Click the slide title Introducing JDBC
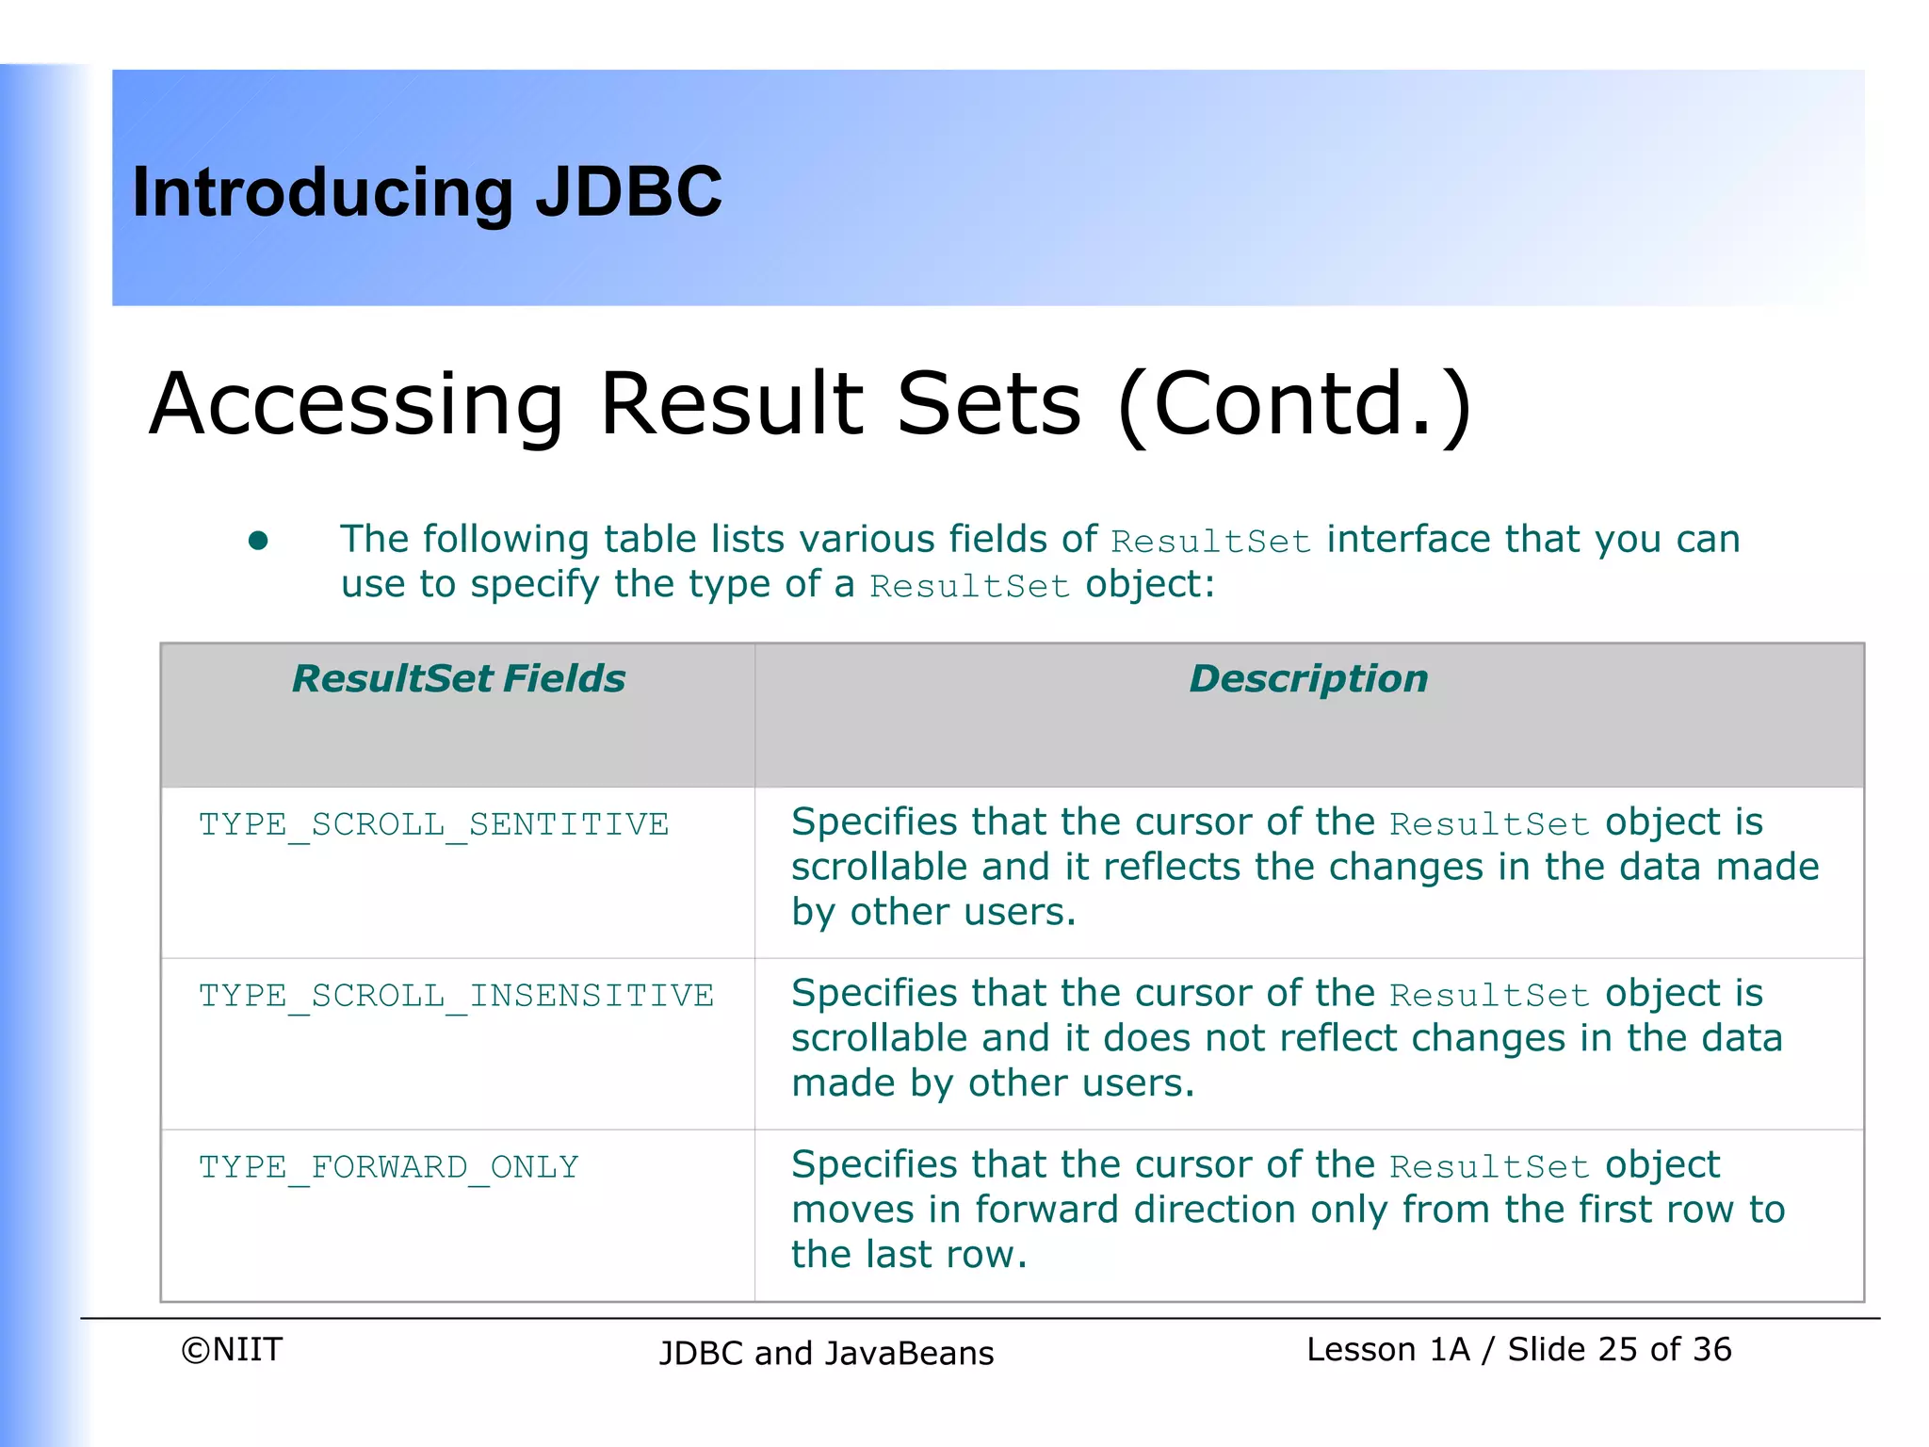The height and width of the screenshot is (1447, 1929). (x=427, y=192)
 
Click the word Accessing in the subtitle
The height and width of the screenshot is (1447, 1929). (x=356, y=404)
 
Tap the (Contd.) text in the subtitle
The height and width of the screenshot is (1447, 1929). (x=1294, y=404)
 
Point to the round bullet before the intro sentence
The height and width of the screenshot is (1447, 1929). (x=258, y=541)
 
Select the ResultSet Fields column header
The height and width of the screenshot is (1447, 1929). (x=458, y=678)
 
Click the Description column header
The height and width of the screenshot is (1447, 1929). (x=1308, y=678)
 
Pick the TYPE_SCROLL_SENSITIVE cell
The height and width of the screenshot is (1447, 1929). (x=433, y=824)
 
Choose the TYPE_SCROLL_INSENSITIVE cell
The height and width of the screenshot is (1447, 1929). (x=456, y=996)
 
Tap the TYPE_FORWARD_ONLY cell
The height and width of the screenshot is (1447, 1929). (x=388, y=1167)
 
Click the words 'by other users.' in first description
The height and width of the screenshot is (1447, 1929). (x=932, y=912)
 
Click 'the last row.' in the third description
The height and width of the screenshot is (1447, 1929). (x=909, y=1255)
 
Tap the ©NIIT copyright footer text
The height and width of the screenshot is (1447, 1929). (x=232, y=1350)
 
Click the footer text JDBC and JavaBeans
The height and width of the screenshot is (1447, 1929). (x=826, y=1354)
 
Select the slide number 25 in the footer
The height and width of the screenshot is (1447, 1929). (x=1617, y=1350)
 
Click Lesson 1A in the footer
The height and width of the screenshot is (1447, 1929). (x=1387, y=1350)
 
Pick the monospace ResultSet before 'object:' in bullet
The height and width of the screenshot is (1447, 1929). (x=969, y=587)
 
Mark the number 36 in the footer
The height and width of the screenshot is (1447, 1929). (x=1711, y=1350)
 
